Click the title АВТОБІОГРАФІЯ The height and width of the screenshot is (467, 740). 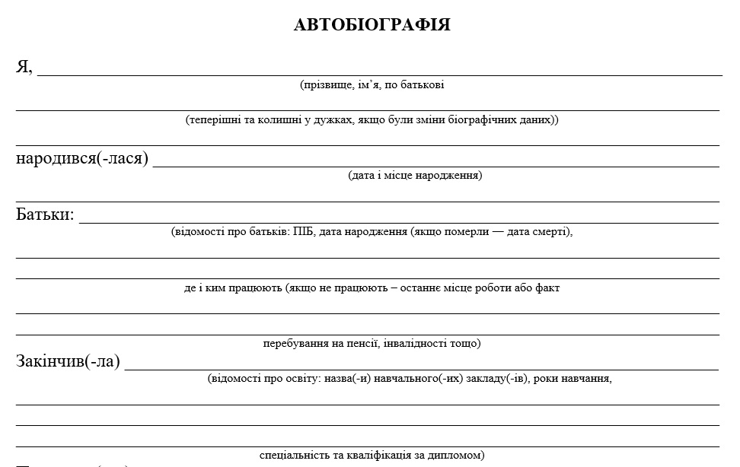point(372,25)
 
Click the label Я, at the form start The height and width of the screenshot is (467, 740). point(24,67)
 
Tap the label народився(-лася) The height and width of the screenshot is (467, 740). point(82,159)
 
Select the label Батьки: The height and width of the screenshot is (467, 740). point(45,215)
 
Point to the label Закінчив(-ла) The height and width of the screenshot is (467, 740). point(68,361)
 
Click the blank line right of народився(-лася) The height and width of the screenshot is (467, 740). point(435,164)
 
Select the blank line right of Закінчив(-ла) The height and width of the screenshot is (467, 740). point(421,368)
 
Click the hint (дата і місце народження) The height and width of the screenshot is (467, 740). point(415,176)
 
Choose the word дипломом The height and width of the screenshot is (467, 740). point(459,456)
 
